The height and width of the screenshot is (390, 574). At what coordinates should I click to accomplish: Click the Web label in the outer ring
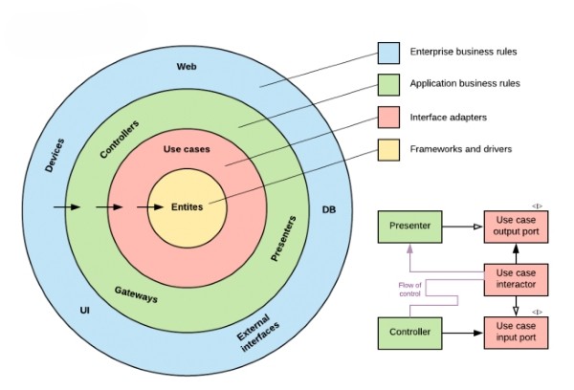click(x=187, y=67)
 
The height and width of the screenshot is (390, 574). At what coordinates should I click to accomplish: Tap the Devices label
click(x=55, y=155)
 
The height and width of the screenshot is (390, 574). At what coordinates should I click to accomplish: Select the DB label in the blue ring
click(x=329, y=209)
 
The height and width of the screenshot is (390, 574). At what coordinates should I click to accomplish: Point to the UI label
click(x=84, y=311)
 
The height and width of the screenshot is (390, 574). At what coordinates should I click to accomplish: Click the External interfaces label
click(x=258, y=333)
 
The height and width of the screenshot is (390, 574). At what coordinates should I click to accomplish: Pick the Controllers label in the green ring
click(x=120, y=139)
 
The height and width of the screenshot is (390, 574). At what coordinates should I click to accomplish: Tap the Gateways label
click(x=136, y=294)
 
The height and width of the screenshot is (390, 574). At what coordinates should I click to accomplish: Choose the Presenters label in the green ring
click(x=283, y=239)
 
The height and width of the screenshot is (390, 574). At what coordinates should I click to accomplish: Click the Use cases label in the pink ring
click(x=187, y=149)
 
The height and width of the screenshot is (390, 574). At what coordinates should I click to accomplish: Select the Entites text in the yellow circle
click(x=188, y=207)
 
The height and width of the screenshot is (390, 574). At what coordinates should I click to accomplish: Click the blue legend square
click(x=388, y=53)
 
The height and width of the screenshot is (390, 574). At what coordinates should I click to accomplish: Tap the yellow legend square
click(x=388, y=150)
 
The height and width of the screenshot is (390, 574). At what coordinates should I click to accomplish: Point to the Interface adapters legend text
click(x=449, y=118)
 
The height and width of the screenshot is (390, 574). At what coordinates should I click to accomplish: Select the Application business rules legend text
click(x=465, y=83)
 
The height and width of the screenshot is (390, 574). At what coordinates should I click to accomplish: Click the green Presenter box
click(x=410, y=227)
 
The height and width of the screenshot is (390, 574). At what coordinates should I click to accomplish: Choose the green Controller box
click(x=410, y=333)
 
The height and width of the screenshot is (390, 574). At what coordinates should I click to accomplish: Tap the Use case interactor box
click(x=517, y=279)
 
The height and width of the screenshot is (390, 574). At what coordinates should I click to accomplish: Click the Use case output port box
click(x=517, y=227)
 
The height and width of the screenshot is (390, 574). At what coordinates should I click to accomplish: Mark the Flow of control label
click(x=410, y=289)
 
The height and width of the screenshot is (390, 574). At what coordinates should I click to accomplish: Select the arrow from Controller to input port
click(x=463, y=333)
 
